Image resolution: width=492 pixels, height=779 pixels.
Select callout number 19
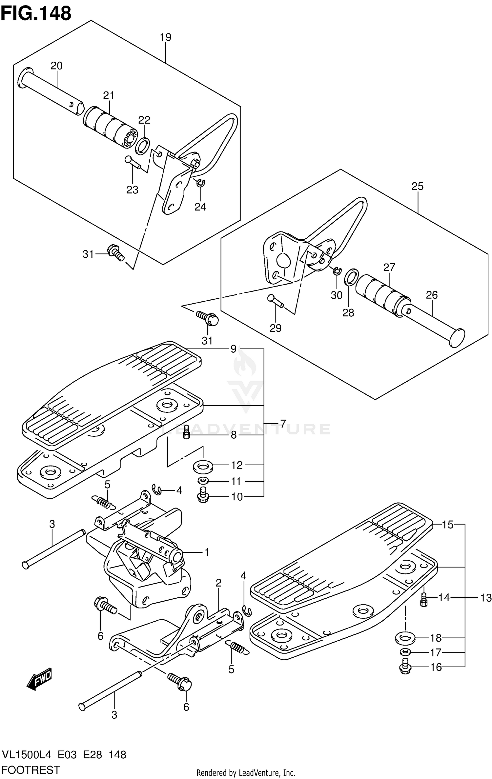(166, 37)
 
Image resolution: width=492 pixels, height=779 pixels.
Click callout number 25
(418, 186)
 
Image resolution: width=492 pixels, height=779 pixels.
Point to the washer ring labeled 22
(143, 146)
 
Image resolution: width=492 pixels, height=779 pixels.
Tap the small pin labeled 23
(133, 163)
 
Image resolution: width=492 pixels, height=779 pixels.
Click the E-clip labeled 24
(201, 183)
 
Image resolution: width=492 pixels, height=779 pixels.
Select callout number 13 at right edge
(486, 598)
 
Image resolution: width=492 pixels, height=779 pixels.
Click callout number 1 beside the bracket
(207, 552)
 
